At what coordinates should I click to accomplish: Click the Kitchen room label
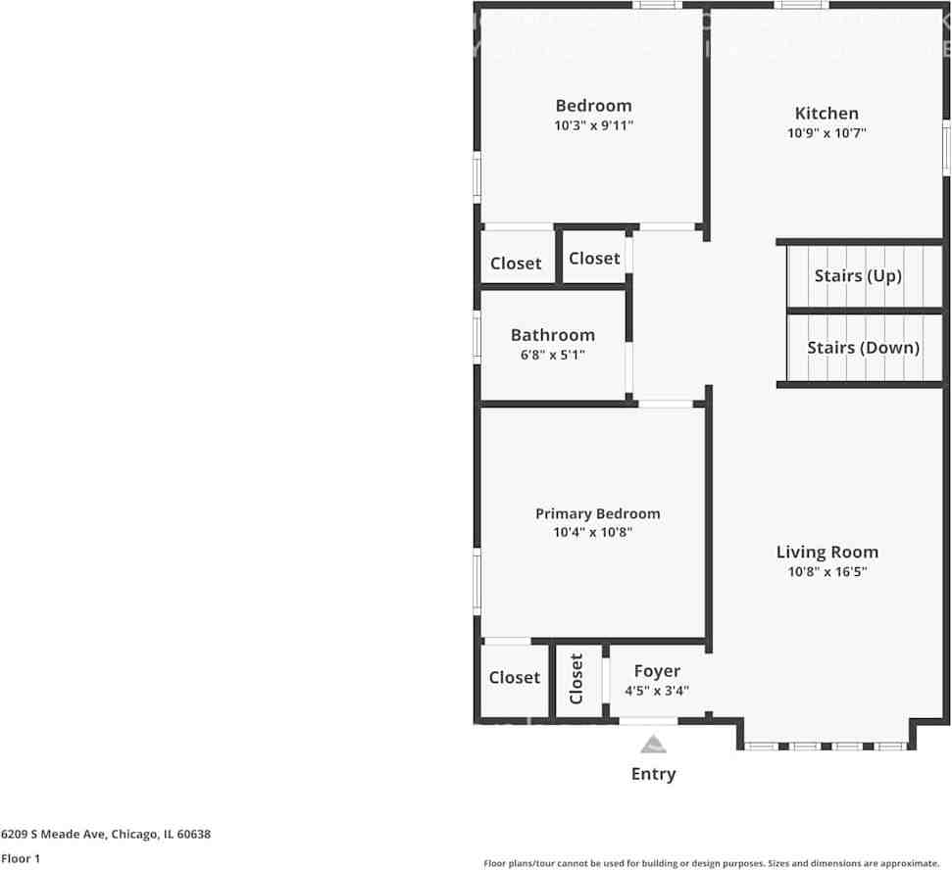826,114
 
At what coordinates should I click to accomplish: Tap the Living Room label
827,552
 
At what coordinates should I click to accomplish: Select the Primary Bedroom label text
597,513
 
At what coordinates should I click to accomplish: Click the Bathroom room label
552,335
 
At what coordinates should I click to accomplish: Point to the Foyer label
657,671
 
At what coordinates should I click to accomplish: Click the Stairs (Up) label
858,276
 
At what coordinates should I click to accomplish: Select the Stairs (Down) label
863,348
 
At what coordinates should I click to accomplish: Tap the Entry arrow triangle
653,746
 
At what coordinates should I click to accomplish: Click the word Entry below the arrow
653,774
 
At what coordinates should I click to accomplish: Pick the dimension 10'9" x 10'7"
827,133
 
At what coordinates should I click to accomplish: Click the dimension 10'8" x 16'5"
827,571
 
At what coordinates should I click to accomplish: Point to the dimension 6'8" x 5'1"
552,355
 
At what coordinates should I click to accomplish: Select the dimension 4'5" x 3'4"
657,690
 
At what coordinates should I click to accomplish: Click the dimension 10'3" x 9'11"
593,125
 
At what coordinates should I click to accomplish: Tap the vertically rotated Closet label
576,679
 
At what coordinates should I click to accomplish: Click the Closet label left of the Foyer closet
514,678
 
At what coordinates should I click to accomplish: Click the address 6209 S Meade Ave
106,835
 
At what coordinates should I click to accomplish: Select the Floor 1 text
21,858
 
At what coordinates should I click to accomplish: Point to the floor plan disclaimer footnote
712,863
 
